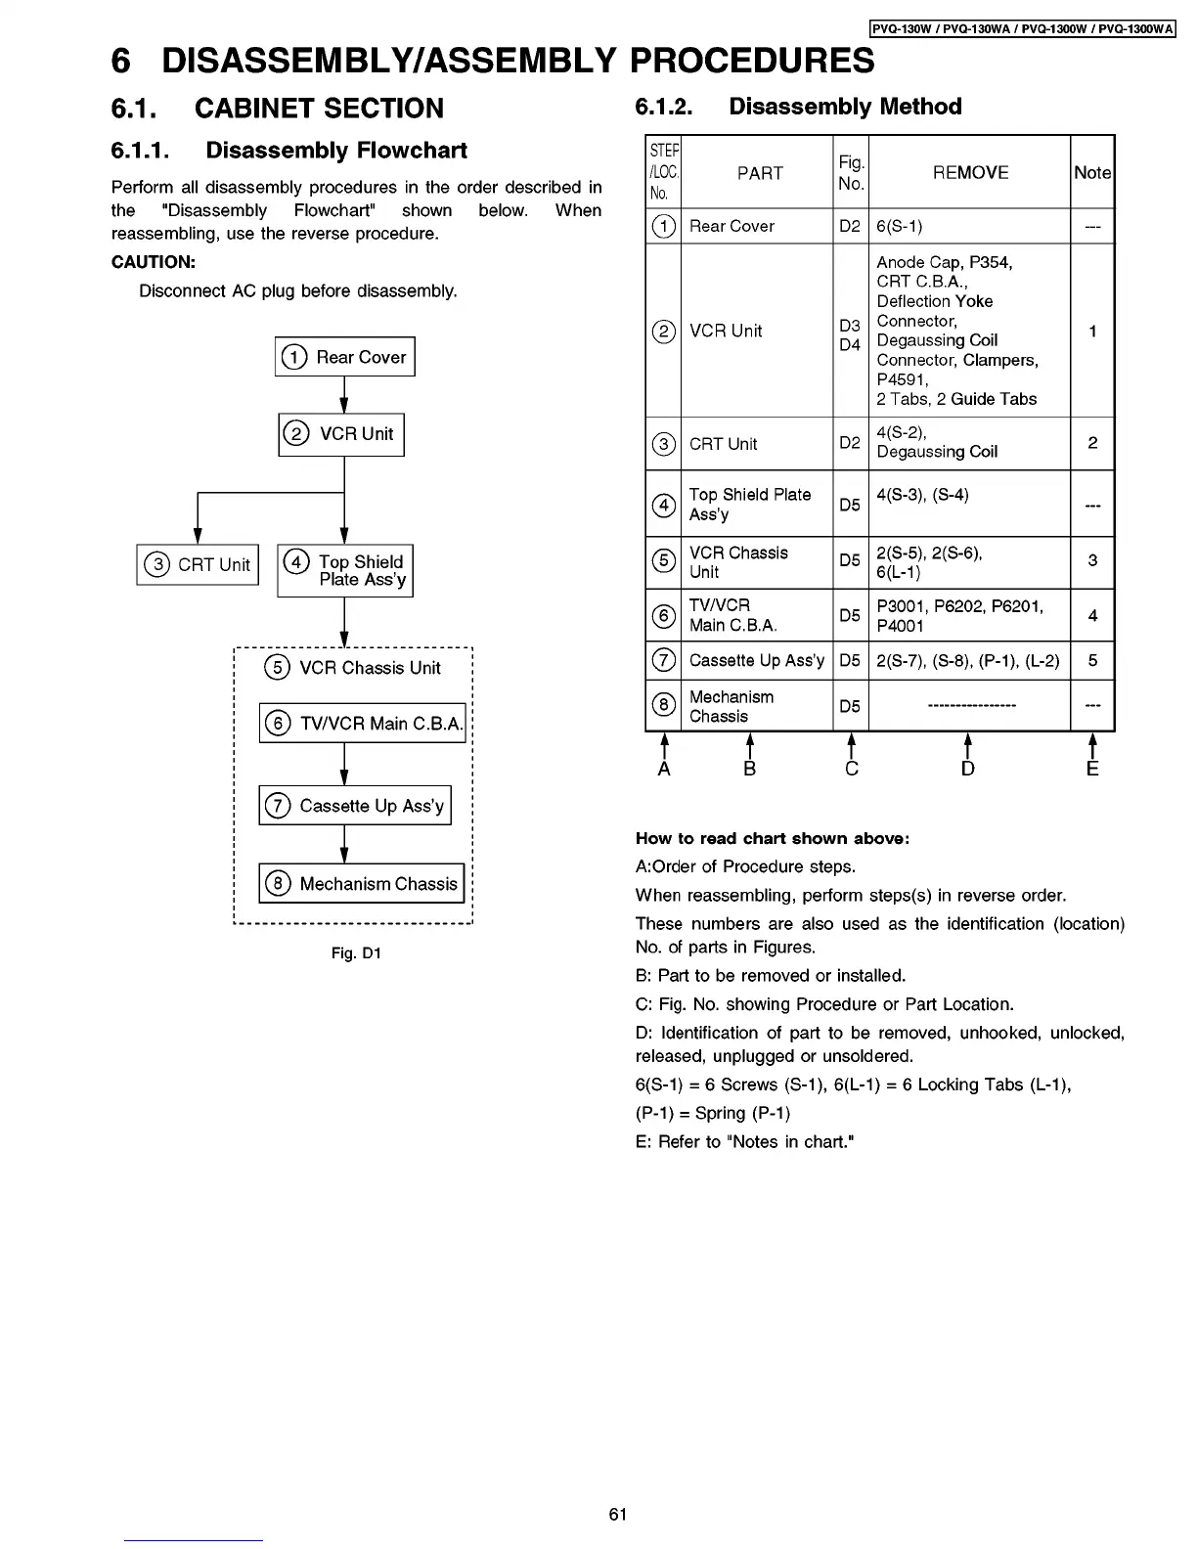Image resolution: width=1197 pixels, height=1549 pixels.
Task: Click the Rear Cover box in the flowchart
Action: pos(345,357)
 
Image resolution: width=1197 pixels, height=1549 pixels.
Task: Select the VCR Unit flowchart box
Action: pos(341,434)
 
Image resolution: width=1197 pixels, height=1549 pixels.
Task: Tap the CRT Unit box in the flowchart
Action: pos(198,565)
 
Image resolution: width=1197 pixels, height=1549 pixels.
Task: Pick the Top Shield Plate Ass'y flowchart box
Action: pos(345,571)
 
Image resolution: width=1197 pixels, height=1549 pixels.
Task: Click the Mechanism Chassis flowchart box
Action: pos(361,884)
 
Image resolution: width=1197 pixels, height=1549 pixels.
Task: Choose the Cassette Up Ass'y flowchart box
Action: pos(355,806)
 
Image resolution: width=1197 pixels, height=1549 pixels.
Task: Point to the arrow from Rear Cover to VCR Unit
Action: pos(344,395)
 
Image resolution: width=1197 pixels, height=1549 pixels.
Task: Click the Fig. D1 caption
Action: pos(356,952)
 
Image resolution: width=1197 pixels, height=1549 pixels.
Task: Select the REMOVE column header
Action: pos(970,172)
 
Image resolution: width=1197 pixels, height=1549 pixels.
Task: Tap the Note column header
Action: pos(1092,172)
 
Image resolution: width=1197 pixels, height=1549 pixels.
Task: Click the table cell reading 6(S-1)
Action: pos(900,226)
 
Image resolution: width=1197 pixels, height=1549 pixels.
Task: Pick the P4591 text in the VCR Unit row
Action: pos(902,379)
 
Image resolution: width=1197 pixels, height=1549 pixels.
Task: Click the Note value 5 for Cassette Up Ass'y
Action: pos(1092,660)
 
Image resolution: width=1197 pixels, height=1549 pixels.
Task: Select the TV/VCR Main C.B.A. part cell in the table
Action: pos(733,615)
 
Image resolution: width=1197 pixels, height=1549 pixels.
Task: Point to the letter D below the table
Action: pos(967,769)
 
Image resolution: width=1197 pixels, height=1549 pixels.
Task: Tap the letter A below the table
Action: pos(664,769)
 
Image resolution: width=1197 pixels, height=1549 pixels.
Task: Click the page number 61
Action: pos(617,1514)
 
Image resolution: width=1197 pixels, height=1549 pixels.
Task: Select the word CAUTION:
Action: pos(154,262)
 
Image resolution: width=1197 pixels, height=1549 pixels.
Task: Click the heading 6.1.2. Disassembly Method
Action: pos(798,107)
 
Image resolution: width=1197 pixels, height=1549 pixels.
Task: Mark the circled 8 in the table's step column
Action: pos(663,705)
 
